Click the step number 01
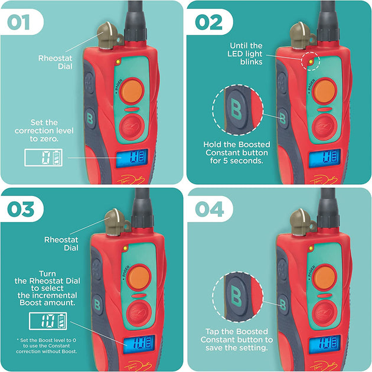[x=18, y=22]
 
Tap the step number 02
[x=208, y=22]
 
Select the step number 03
[x=21, y=209]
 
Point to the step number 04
[x=209, y=209]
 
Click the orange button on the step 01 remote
[x=132, y=91]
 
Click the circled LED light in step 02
[x=311, y=61]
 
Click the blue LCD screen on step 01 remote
[x=132, y=158]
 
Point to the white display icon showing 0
[x=44, y=157]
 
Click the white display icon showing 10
[x=48, y=321]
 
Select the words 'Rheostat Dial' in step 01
[x=56, y=62]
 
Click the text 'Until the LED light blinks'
[x=245, y=54]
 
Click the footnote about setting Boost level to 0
[x=47, y=345]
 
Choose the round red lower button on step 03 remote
[x=139, y=314]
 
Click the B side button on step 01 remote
[x=90, y=118]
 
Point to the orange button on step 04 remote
[x=324, y=278]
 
